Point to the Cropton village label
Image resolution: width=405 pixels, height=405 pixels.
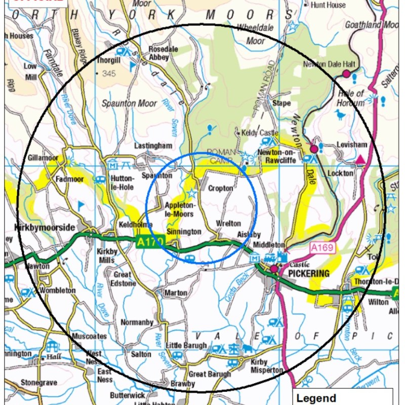click(x=221, y=188)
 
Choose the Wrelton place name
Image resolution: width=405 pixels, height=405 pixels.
click(x=228, y=223)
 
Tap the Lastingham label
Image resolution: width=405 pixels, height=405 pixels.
click(x=153, y=146)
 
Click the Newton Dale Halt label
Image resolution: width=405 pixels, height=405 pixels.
click(x=330, y=64)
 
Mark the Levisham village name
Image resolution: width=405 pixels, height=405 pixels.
click(x=352, y=145)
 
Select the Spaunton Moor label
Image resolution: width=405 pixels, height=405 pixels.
click(x=129, y=103)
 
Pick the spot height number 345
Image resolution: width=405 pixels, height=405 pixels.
click(x=108, y=74)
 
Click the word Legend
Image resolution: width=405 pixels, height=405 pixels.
click(x=315, y=397)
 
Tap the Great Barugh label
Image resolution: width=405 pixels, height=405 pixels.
click(x=210, y=375)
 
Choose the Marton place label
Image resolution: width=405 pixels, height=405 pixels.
click(x=176, y=293)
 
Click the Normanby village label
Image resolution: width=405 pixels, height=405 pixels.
click(x=137, y=322)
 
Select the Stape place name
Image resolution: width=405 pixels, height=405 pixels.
click(x=282, y=103)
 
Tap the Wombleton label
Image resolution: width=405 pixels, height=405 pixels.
click(x=57, y=291)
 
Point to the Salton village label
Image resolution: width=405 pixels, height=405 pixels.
click(x=141, y=354)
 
